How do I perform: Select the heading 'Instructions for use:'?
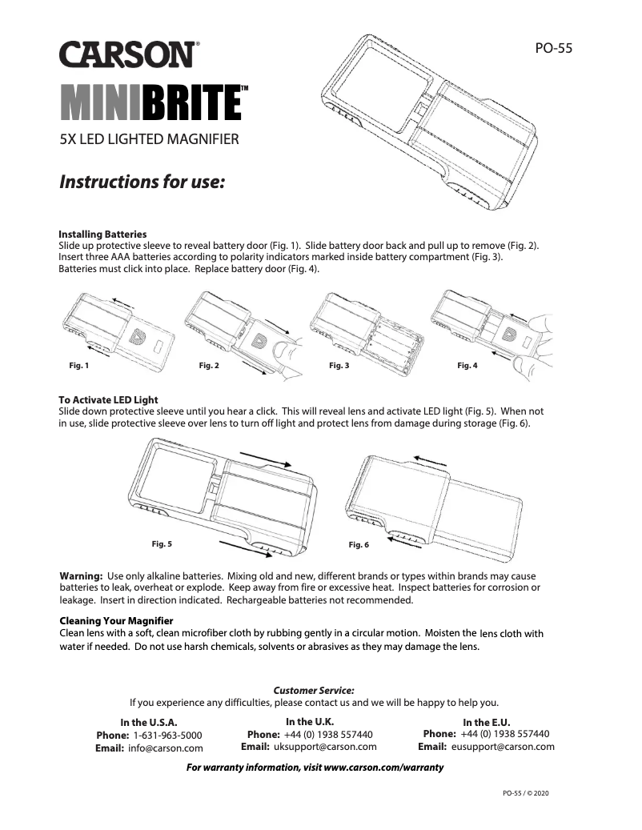[142, 182]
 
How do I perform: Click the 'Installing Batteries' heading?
[102, 234]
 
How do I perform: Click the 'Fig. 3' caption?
[339, 366]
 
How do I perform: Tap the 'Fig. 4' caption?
[467, 366]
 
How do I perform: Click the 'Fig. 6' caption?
[359, 545]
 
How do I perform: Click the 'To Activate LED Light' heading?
[108, 399]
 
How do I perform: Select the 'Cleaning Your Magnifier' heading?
[116, 620]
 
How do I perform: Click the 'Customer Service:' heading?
[314, 689]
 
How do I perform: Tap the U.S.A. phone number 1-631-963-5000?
[167, 735]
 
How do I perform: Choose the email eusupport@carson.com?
[503, 747]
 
